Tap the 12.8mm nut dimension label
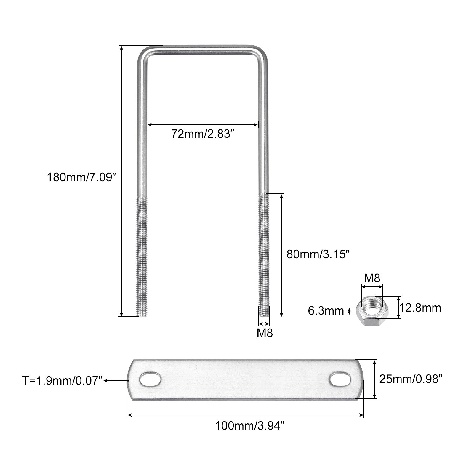420,308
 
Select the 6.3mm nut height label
326,311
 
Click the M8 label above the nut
372,278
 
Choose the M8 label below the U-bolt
265,333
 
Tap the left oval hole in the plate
150,379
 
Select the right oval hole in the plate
340,379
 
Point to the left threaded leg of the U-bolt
142,255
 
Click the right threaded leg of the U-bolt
264,255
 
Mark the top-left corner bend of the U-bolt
143,53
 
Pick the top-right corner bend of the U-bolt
262,53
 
